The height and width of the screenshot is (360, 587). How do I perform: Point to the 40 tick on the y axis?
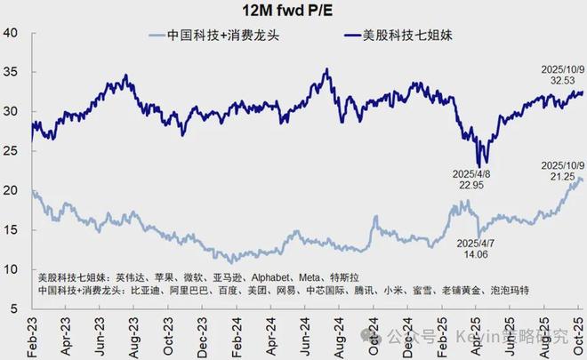coord(12,33)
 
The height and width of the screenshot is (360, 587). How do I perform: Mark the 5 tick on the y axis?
coord(15,308)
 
